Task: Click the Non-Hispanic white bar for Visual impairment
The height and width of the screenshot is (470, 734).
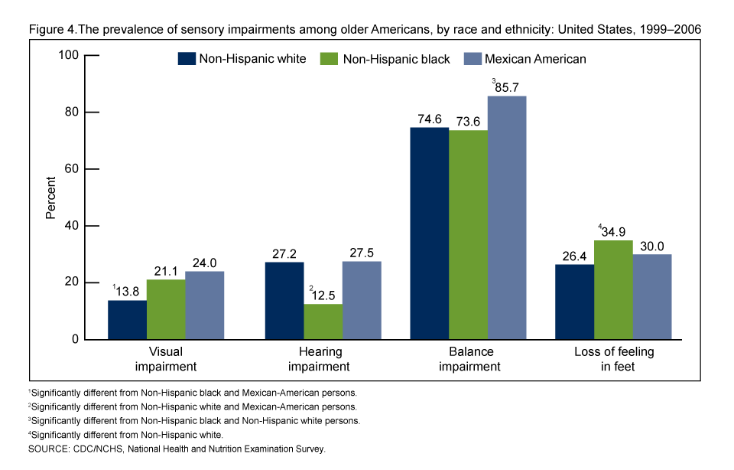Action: (127, 320)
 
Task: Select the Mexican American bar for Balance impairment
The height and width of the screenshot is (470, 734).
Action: (507, 218)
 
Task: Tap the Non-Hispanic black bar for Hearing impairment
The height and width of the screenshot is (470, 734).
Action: (323, 321)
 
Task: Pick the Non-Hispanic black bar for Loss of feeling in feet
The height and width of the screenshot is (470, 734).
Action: (613, 290)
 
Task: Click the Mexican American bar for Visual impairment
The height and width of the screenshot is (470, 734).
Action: (204, 305)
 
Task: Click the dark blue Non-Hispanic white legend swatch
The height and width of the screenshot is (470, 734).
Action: (186, 59)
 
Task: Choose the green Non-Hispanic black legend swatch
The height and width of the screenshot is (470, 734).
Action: (330, 59)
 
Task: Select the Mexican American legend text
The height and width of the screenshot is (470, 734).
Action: (535, 59)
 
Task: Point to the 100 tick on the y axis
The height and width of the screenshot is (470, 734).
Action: (70, 55)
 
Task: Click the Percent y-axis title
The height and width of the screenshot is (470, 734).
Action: (51, 197)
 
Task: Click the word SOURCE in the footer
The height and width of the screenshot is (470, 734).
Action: (47, 449)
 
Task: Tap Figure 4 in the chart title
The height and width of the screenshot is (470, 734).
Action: (51, 29)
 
